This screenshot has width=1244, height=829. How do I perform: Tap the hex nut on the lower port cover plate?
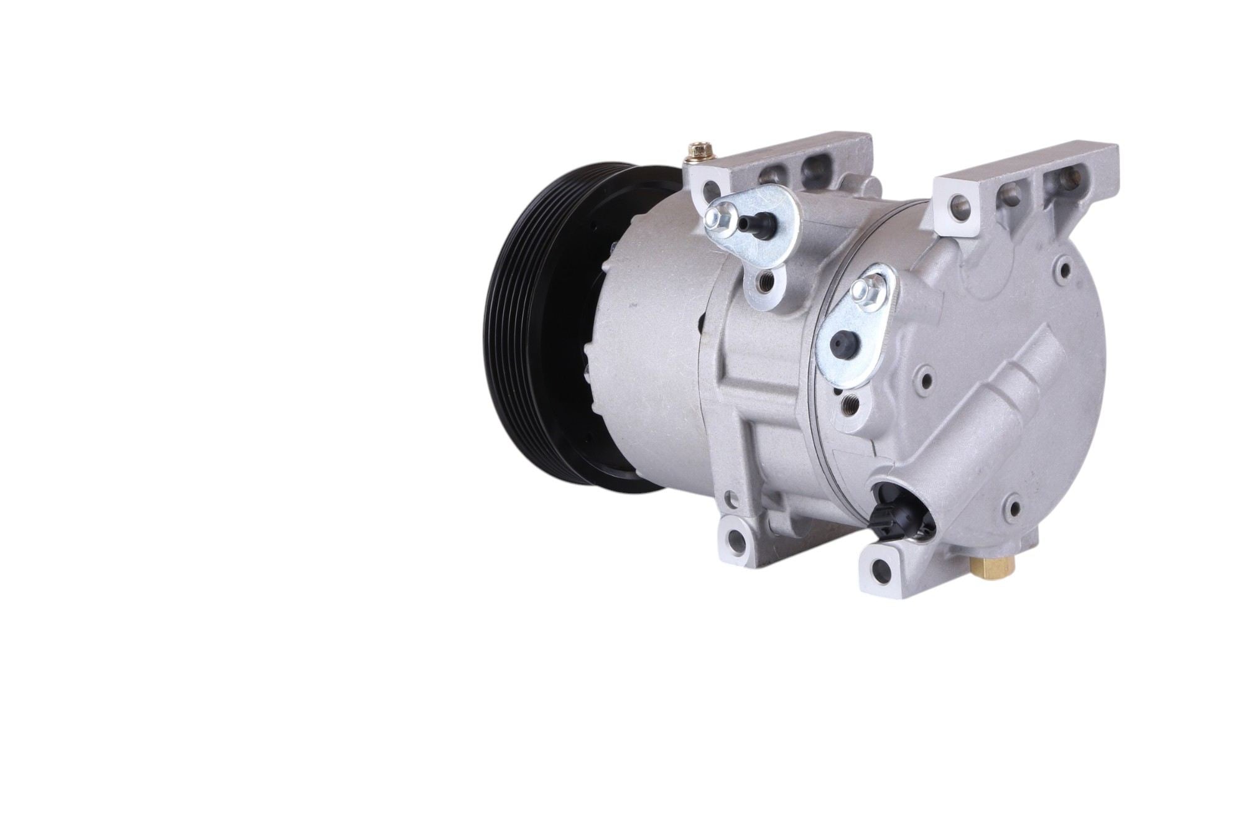[866, 292]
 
